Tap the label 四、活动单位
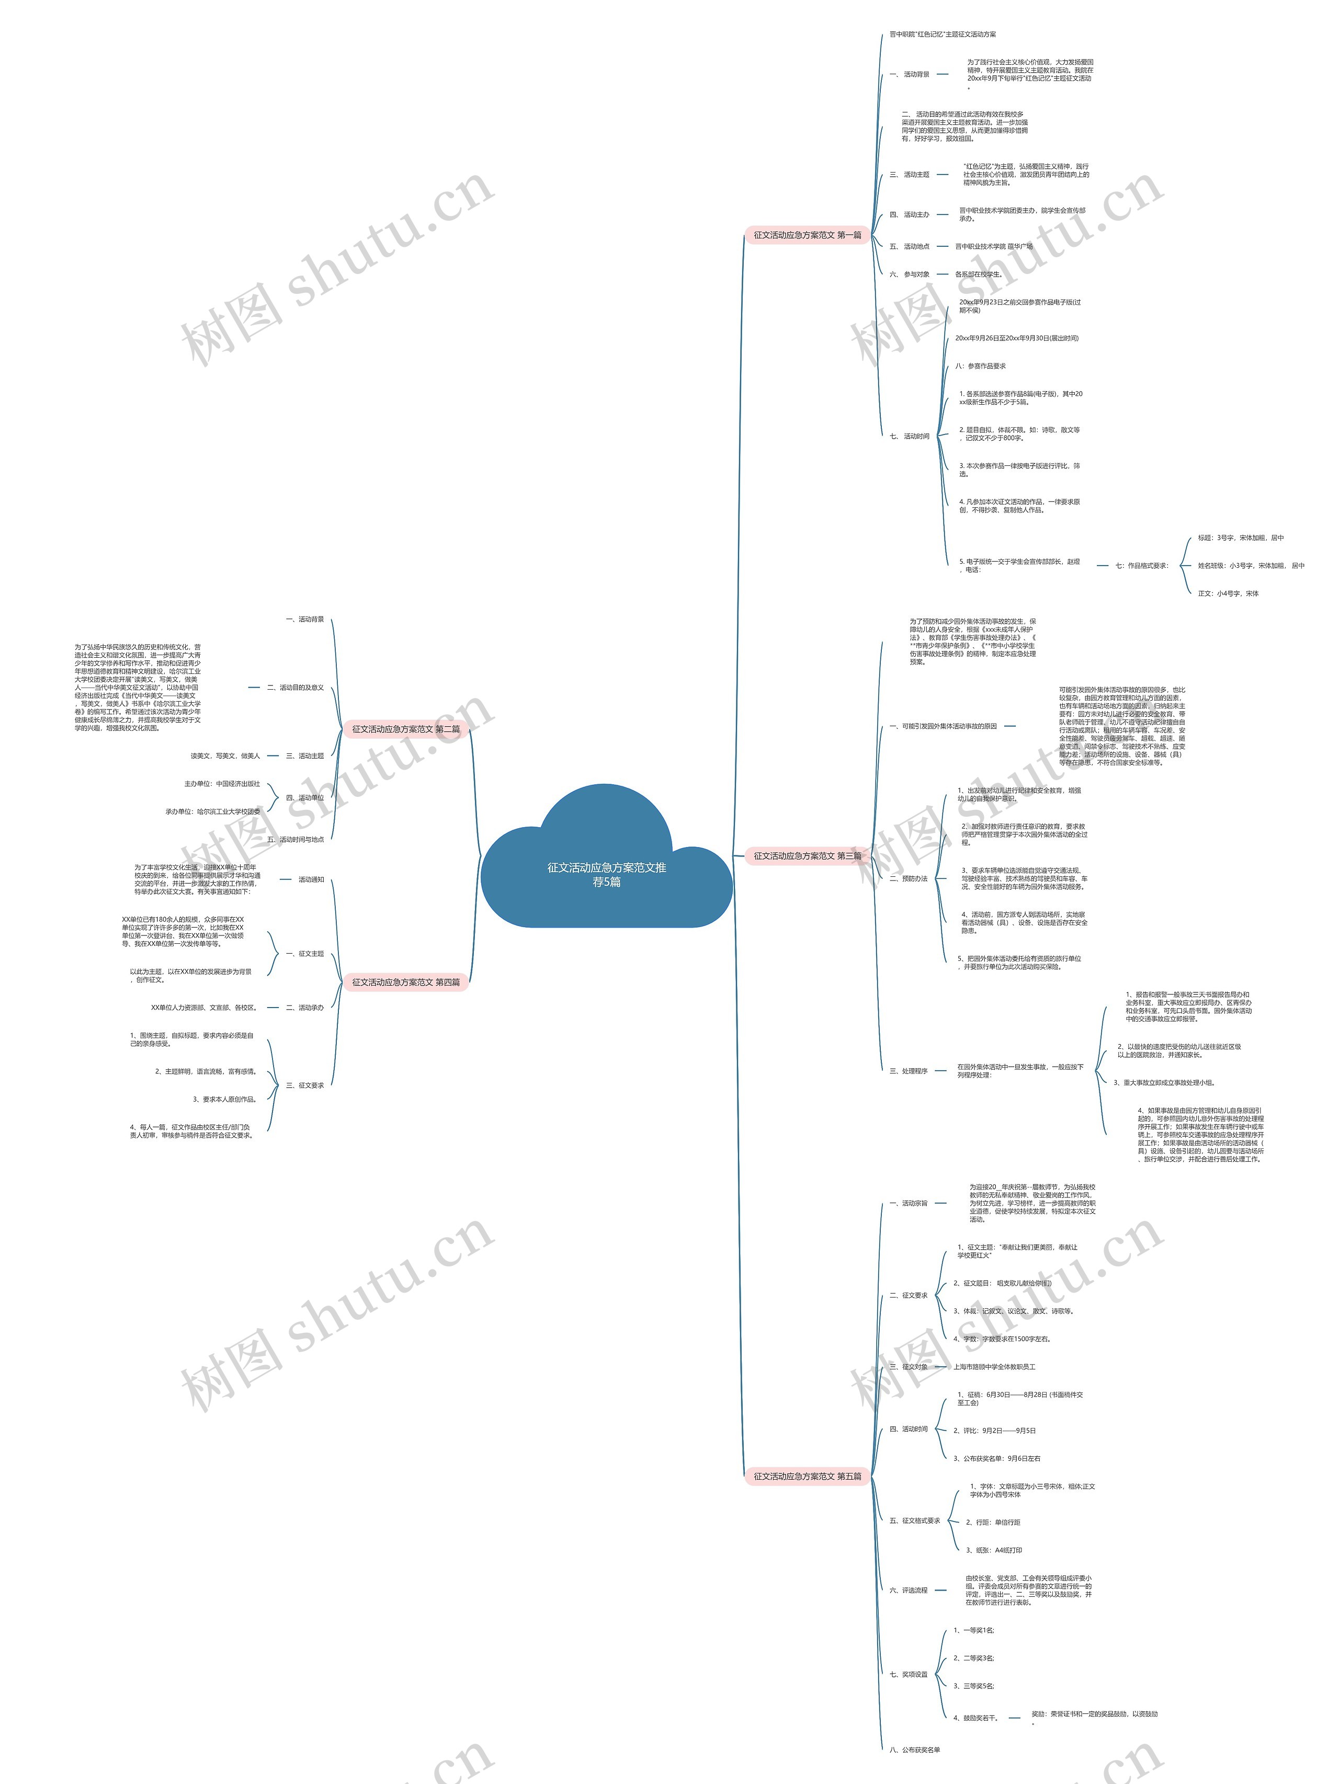[x=305, y=798]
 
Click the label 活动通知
[x=311, y=879]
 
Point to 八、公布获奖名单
[x=915, y=1749]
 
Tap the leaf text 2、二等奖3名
[x=973, y=1658]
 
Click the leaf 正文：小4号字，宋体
[x=1228, y=593]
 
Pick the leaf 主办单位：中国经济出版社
[x=222, y=784]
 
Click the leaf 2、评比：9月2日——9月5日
[x=994, y=1431]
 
